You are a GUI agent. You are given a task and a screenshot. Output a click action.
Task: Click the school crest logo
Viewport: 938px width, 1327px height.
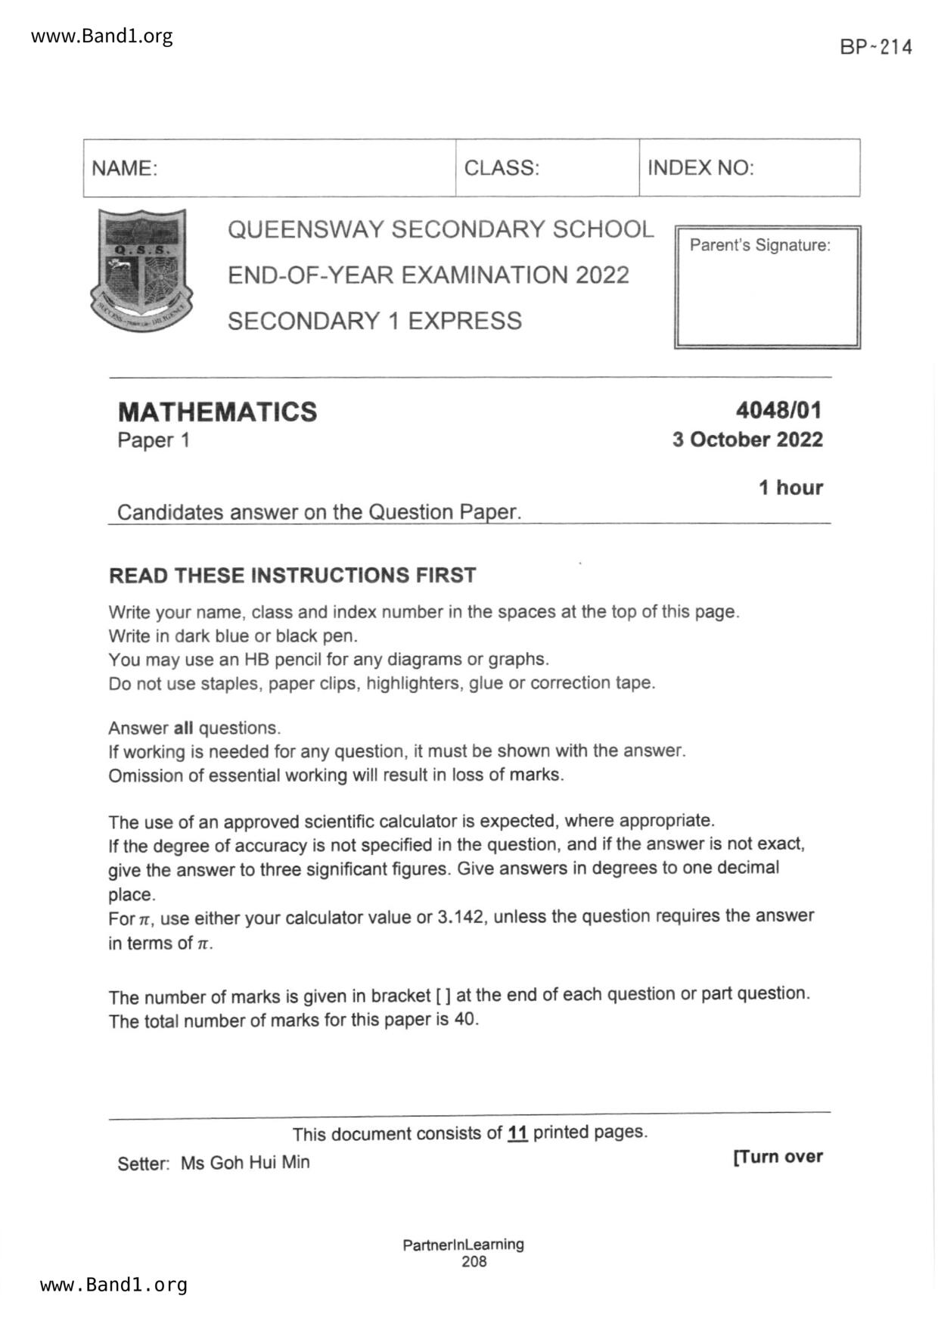141,269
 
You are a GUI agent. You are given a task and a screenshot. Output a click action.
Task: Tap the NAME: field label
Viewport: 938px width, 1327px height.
125,168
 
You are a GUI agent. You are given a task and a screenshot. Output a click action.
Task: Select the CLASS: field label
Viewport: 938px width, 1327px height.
502,168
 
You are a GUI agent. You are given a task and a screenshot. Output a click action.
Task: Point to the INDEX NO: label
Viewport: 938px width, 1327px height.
700,168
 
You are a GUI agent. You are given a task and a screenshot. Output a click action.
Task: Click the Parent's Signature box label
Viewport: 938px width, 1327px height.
759,245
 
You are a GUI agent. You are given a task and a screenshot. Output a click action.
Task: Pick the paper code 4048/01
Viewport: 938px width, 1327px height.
778,410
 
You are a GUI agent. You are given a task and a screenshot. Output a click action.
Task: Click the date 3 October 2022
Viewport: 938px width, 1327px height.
747,440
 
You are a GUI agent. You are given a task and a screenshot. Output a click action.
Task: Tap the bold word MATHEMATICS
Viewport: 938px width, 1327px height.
218,412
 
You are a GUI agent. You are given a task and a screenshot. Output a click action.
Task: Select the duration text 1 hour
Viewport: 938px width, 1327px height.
790,487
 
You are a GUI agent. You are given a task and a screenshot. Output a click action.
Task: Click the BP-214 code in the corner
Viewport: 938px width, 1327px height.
875,47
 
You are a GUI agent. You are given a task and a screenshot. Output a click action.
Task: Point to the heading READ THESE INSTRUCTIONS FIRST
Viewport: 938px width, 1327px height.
293,575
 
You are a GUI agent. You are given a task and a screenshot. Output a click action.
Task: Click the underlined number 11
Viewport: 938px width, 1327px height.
517,1133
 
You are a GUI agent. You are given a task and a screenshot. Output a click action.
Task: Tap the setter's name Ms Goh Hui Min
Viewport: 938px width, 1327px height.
245,1162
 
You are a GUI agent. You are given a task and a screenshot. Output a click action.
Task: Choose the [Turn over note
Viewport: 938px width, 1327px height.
778,1156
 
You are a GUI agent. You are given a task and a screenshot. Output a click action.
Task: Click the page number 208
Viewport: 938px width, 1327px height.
474,1261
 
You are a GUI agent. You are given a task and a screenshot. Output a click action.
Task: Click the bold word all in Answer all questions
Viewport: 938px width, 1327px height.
184,728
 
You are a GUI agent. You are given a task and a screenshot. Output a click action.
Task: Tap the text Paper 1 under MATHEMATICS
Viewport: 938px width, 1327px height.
154,440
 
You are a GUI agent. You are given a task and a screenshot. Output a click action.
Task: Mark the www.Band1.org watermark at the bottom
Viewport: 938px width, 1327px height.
113,1285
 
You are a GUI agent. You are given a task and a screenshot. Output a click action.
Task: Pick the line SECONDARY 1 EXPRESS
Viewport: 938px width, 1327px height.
375,321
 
